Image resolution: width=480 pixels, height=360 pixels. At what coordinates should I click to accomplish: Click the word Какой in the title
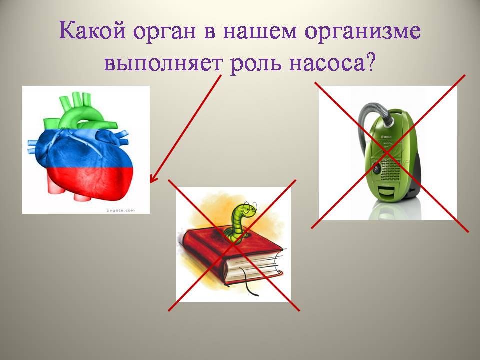click(92, 31)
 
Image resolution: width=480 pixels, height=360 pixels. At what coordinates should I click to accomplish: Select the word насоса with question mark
click(332, 63)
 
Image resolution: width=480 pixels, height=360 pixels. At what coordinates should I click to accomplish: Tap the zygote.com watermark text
click(120, 210)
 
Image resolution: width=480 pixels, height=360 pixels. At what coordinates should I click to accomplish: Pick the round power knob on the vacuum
click(376, 168)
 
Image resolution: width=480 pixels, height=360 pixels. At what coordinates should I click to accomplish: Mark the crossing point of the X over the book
click(233, 245)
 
